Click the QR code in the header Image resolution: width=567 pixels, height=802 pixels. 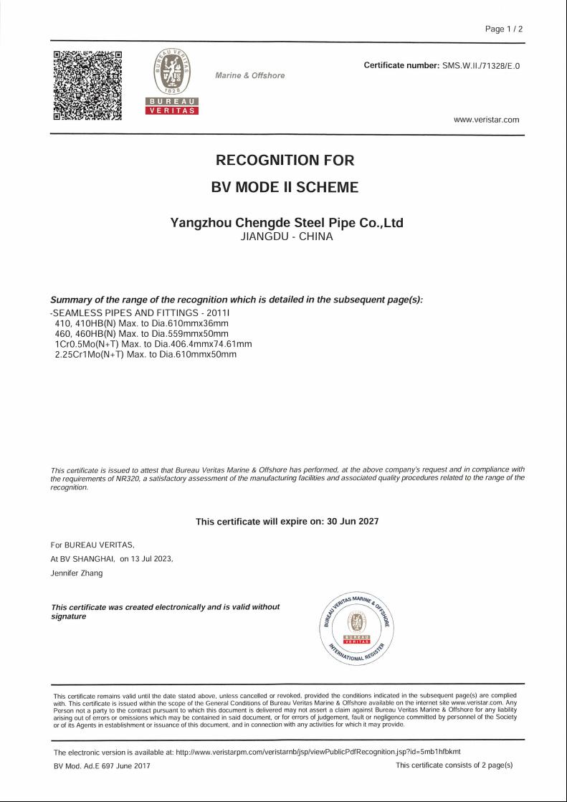tap(87, 85)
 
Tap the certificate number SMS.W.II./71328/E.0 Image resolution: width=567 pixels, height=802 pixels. tap(480, 66)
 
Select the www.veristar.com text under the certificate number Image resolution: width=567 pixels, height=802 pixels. tap(486, 120)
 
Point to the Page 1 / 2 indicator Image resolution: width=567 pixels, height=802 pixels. tap(504, 29)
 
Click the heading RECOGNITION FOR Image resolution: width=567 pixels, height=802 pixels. tap(285, 161)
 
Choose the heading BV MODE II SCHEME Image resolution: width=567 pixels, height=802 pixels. tap(285, 188)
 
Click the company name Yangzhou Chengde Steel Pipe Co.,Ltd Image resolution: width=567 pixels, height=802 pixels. tap(287, 223)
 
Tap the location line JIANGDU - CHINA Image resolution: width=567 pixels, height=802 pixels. tap(287, 237)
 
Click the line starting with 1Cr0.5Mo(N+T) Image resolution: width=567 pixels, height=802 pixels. tap(153, 344)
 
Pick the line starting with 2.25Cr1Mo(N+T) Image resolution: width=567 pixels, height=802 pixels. tap(146, 354)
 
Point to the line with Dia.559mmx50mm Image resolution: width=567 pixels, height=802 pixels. tap(141, 334)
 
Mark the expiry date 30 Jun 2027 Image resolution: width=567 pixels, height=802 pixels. tap(353, 522)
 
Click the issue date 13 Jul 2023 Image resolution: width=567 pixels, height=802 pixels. tap(152, 558)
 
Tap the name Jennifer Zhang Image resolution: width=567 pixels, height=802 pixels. tap(77, 573)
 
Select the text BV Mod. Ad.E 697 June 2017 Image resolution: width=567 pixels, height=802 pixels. tap(102, 765)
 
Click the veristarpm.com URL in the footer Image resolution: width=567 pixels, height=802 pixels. tap(318, 752)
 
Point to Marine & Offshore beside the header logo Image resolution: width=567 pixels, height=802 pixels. tap(249, 75)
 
